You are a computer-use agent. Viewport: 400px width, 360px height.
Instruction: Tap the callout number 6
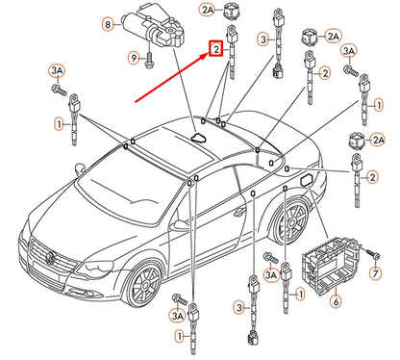(336, 302)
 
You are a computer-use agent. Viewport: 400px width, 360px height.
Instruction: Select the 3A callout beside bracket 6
(270, 274)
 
